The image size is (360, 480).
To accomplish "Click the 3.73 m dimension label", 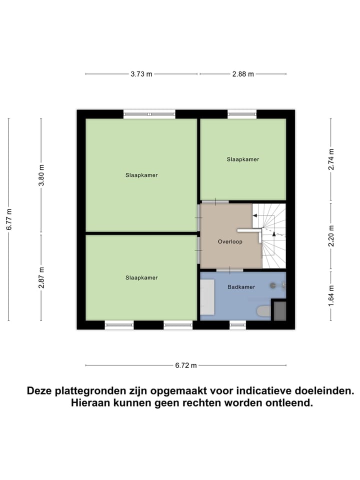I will click(x=141, y=74).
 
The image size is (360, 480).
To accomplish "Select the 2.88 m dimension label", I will click(x=243, y=74).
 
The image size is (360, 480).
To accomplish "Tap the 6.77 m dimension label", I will click(x=9, y=219).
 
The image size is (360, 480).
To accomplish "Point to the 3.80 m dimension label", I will click(x=41, y=175).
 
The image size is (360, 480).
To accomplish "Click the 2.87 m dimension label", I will click(x=41, y=277).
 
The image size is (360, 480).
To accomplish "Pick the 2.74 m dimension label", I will click(x=330, y=160).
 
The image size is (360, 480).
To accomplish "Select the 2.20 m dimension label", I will click(x=330, y=236).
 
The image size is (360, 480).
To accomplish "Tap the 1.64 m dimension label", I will click(x=330, y=295).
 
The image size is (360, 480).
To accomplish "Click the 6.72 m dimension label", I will click(x=186, y=365).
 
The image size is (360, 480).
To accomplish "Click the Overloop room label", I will click(x=230, y=241).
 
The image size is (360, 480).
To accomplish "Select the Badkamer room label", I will click(x=241, y=287).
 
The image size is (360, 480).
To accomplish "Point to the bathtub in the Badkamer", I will click(x=207, y=296).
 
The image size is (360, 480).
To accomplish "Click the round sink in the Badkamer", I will click(x=273, y=285).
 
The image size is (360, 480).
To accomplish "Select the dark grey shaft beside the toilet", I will click(x=279, y=310).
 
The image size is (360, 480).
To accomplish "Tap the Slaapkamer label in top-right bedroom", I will click(x=243, y=159).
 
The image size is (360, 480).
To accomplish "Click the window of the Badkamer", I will click(x=237, y=324).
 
